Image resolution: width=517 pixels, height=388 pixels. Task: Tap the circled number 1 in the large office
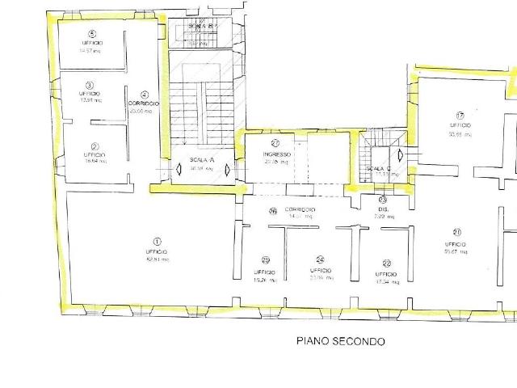(x=158, y=241)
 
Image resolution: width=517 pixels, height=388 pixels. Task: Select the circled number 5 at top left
(x=92, y=34)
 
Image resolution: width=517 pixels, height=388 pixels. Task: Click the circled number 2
(x=95, y=147)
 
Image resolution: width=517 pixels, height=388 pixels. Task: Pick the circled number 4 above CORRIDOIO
(x=144, y=94)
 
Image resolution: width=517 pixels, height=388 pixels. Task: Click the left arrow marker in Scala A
(x=179, y=171)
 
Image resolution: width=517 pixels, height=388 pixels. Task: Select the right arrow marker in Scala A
(x=228, y=171)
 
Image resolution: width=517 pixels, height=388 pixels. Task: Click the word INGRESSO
(x=276, y=153)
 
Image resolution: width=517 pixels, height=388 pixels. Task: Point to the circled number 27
(x=275, y=143)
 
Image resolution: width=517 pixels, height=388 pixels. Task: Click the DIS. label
(x=383, y=209)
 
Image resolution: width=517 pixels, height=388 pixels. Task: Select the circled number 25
(x=266, y=260)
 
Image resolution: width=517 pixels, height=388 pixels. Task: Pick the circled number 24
(x=321, y=259)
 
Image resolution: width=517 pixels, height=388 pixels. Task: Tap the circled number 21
(x=457, y=234)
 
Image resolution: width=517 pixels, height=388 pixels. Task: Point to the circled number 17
(x=460, y=115)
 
